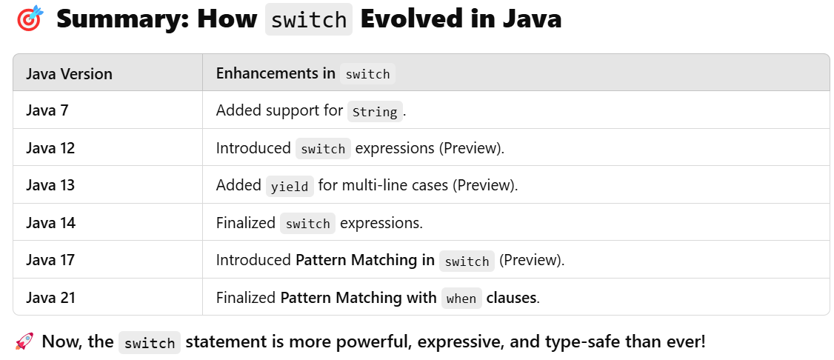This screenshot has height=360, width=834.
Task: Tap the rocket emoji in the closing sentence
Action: pyautogui.click(x=24, y=342)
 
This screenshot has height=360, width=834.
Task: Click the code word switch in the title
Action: pyautogui.click(x=309, y=20)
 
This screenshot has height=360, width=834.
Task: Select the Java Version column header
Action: pyautogui.click(x=69, y=73)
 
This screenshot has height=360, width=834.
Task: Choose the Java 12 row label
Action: pyautogui.click(x=50, y=148)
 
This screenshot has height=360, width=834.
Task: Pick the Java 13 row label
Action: pyautogui.click(x=50, y=185)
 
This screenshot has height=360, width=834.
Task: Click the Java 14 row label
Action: pyautogui.click(x=50, y=223)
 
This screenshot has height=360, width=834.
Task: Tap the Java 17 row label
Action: pyautogui.click(x=50, y=260)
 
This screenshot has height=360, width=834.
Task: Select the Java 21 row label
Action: pyautogui.click(x=50, y=298)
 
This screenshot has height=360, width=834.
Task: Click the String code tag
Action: pyautogui.click(x=375, y=112)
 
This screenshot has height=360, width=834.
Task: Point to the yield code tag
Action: pyautogui.click(x=290, y=187)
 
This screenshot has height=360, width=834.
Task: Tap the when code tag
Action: pyautogui.click(x=461, y=299)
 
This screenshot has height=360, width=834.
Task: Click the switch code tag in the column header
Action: pyautogui.click(x=367, y=74)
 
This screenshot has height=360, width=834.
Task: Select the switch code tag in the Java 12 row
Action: pyautogui.click(x=323, y=149)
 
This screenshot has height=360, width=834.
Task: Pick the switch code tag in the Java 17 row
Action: pyautogui.click(x=467, y=261)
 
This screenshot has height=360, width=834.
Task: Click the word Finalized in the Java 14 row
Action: pyautogui.click(x=245, y=223)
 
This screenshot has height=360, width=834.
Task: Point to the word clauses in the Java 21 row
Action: pyautogui.click(x=512, y=298)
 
